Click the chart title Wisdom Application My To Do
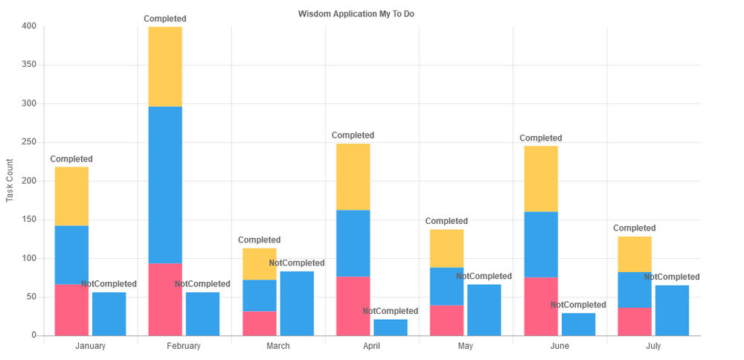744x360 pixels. click(356, 14)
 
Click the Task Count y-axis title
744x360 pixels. click(10, 180)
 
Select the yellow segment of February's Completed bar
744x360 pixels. click(165, 67)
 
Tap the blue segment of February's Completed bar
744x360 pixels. click(165, 184)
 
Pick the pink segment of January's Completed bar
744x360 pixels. click(71, 309)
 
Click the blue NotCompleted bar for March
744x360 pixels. click(297, 303)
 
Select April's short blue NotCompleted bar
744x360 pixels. click(391, 327)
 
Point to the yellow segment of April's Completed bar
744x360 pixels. click(353, 177)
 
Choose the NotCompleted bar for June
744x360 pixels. click(578, 324)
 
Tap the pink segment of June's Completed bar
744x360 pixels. click(541, 306)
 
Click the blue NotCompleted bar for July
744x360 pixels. click(672, 311)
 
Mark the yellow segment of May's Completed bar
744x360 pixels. click(446, 248)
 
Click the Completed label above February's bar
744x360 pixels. click(165, 19)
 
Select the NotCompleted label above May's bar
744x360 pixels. click(484, 277)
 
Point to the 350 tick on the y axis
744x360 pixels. click(29, 65)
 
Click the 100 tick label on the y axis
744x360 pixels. click(29, 258)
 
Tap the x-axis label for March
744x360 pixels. click(278, 346)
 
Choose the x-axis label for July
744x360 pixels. click(653, 346)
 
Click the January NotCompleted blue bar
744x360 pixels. click(109, 314)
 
